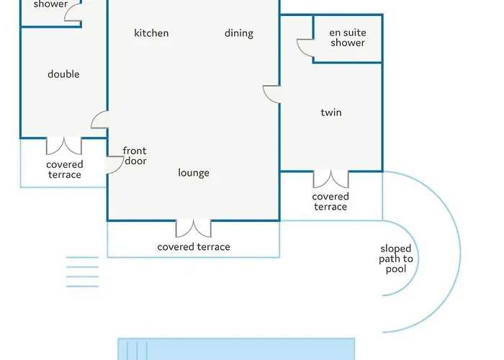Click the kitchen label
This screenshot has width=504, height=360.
(151, 33)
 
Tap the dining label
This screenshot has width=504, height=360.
(239, 33)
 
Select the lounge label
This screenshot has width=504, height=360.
(194, 173)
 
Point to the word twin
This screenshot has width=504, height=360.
(331, 112)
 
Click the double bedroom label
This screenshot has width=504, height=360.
(63, 74)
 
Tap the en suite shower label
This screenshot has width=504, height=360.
(348, 37)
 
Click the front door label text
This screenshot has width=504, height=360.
(135, 156)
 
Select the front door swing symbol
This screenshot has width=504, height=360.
(115, 165)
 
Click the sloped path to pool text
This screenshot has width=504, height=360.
(396, 258)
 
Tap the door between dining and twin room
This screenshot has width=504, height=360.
(271, 94)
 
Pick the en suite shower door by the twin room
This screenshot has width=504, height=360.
(305, 48)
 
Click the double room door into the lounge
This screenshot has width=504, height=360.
(99, 120)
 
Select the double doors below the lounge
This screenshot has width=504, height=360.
(194, 228)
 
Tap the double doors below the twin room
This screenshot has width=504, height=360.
(330, 179)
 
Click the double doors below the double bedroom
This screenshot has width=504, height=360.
(64, 146)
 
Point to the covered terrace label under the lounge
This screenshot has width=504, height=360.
(194, 247)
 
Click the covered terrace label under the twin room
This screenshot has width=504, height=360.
(330, 202)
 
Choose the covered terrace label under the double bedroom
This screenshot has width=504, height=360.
(65, 169)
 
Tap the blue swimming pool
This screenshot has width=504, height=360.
(236, 349)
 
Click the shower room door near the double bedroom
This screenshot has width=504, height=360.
(73, 12)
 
